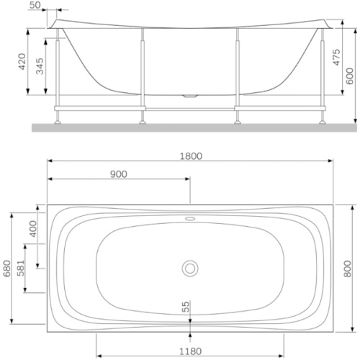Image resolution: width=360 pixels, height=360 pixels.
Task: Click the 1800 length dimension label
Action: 191,156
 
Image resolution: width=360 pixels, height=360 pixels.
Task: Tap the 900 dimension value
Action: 119,174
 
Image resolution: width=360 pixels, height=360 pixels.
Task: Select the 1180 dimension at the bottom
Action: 191,351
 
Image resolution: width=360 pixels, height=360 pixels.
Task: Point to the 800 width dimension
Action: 347,269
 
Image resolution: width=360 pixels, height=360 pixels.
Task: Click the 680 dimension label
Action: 7,269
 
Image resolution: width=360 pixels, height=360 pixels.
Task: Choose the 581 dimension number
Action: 21,268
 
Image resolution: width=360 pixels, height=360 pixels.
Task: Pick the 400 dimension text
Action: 33,229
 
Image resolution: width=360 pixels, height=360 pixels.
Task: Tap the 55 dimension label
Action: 186,307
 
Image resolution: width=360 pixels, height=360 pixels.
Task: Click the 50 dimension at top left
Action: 35,5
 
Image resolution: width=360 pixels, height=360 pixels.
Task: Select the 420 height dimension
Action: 22,62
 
